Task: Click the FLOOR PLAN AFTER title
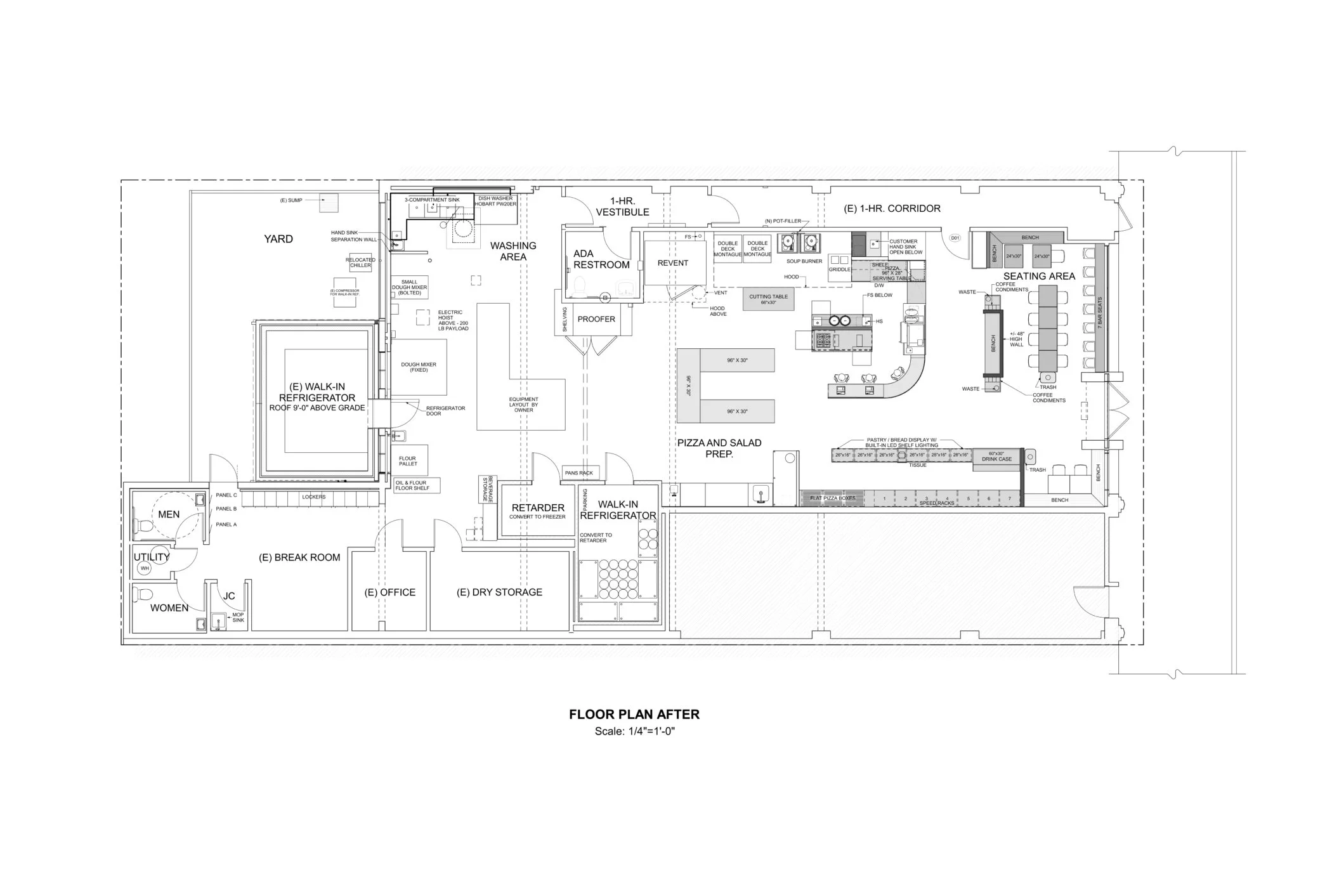pos(634,714)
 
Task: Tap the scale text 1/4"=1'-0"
pos(634,731)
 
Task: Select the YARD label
pos(278,239)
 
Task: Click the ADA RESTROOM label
pos(601,259)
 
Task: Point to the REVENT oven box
pos(673,263)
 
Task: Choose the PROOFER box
pos(596,320)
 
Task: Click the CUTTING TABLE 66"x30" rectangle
pos(768,299)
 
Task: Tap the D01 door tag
pos(955,238)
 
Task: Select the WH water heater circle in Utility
pos(145,568)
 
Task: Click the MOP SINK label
pos(238,617)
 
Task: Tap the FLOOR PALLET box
pos(408,460)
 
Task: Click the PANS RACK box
pos(578,473)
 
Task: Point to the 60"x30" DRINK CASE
pos(996,457)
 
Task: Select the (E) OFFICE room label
pos(389,592)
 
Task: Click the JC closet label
pos(229,596)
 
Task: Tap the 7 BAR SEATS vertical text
pos(1100,313)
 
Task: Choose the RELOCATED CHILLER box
pos(360,263)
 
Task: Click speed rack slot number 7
pos(1009,499)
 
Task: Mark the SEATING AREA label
pos(1039,276)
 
